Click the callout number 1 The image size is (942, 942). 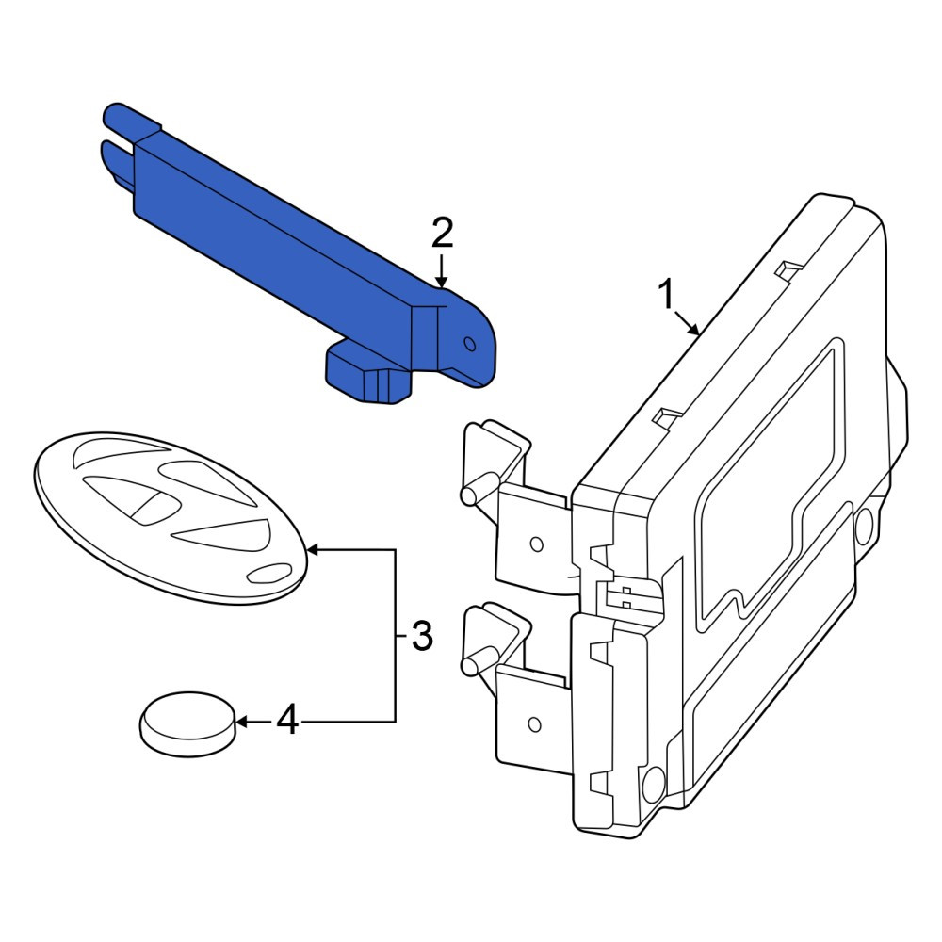point(666,294)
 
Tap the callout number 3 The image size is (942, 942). point(422,636)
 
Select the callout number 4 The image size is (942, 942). point(287,721)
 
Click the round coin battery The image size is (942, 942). point(187,723)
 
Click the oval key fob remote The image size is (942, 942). point(171,516)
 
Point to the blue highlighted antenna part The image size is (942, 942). point(300,252)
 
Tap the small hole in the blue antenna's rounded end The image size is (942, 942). point(470,344)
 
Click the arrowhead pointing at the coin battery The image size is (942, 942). point(242,722)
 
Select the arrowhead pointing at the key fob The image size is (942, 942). point(314,550)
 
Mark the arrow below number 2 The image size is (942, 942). point(442,270)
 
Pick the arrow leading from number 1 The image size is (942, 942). point(687,322)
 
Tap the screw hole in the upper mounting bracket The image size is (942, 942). point(537,544)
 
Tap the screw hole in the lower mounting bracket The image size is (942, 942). point(534,723)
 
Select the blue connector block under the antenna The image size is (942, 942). point(367,372)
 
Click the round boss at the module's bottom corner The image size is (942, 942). point(653,784)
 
